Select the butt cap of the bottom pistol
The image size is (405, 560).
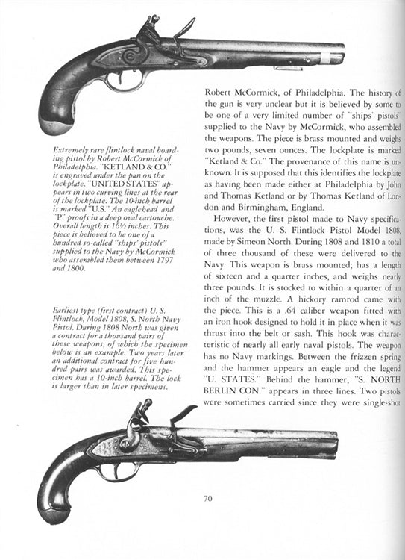point(53,512)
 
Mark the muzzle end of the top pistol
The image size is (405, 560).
point(341,54)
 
